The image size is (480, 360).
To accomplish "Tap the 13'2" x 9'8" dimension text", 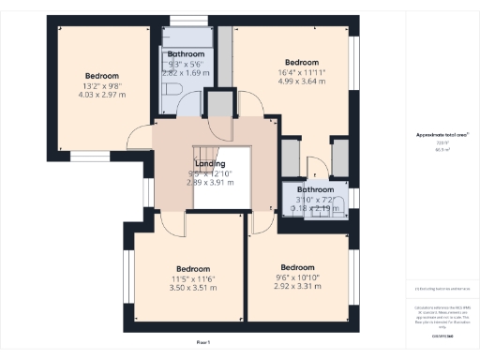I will coord(101,85).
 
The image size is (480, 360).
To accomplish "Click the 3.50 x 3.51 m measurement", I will coord(193,288).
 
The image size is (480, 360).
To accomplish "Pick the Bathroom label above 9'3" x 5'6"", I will coord(186,55).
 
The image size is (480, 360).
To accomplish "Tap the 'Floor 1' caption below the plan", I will coord(202,342).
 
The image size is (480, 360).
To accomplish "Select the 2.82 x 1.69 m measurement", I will coord(186,72).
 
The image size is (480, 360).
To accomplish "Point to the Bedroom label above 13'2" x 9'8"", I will coord(102,75).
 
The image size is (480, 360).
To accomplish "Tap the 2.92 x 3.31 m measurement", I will coord(296,287).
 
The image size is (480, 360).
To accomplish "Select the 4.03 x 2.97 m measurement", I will coord(101,95).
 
